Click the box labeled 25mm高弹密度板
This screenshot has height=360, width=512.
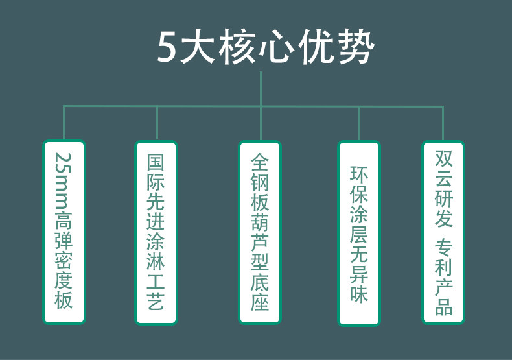click(x=64, y=232)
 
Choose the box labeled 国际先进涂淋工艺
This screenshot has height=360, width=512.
click(x=156, y=232)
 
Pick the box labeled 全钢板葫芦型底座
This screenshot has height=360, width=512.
click(x=260, y=232)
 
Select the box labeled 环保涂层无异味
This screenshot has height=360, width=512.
click(x=359, y=233)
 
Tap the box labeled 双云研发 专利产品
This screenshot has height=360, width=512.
click(x=443, y=232)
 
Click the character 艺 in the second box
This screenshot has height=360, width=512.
click(x=156, y=302)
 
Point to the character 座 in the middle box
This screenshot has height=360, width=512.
click(x=260, y=302)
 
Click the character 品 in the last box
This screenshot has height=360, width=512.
click(x=443, y=306)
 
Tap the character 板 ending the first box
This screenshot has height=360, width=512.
click(x=64, y=300)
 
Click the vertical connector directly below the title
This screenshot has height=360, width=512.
click(x=261, y=88)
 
